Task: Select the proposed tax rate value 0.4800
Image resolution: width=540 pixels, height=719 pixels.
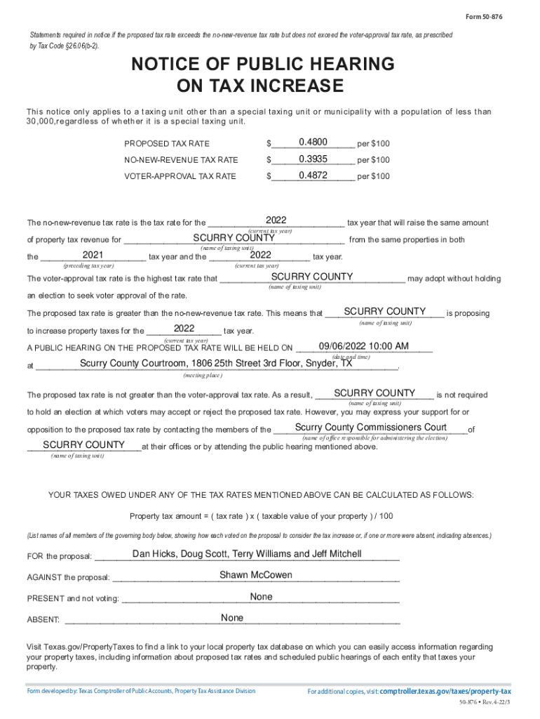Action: point(313,141)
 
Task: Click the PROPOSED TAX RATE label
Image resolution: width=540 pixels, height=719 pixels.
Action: point(167,144)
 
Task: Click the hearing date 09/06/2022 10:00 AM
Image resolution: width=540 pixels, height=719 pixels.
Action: point(363,346)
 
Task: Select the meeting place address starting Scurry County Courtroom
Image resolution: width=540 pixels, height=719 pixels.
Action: point(216,363)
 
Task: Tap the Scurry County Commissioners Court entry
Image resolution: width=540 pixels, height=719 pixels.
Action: point(371,428)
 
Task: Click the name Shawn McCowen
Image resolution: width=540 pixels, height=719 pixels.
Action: point(256,575)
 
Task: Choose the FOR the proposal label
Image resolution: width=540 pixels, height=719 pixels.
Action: point(59,557)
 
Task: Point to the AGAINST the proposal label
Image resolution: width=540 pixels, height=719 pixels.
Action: point(68,578)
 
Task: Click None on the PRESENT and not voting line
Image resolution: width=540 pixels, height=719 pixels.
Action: point(261,597)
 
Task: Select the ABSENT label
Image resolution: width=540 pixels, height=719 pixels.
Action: point(43,620)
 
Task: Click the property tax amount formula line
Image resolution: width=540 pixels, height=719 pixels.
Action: point(262,516)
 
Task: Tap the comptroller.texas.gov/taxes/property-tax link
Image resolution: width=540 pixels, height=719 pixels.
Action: point(445,691)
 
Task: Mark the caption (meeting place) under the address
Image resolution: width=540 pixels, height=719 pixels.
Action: point(203,376)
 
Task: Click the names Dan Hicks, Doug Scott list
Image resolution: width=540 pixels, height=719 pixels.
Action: point(247,554)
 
